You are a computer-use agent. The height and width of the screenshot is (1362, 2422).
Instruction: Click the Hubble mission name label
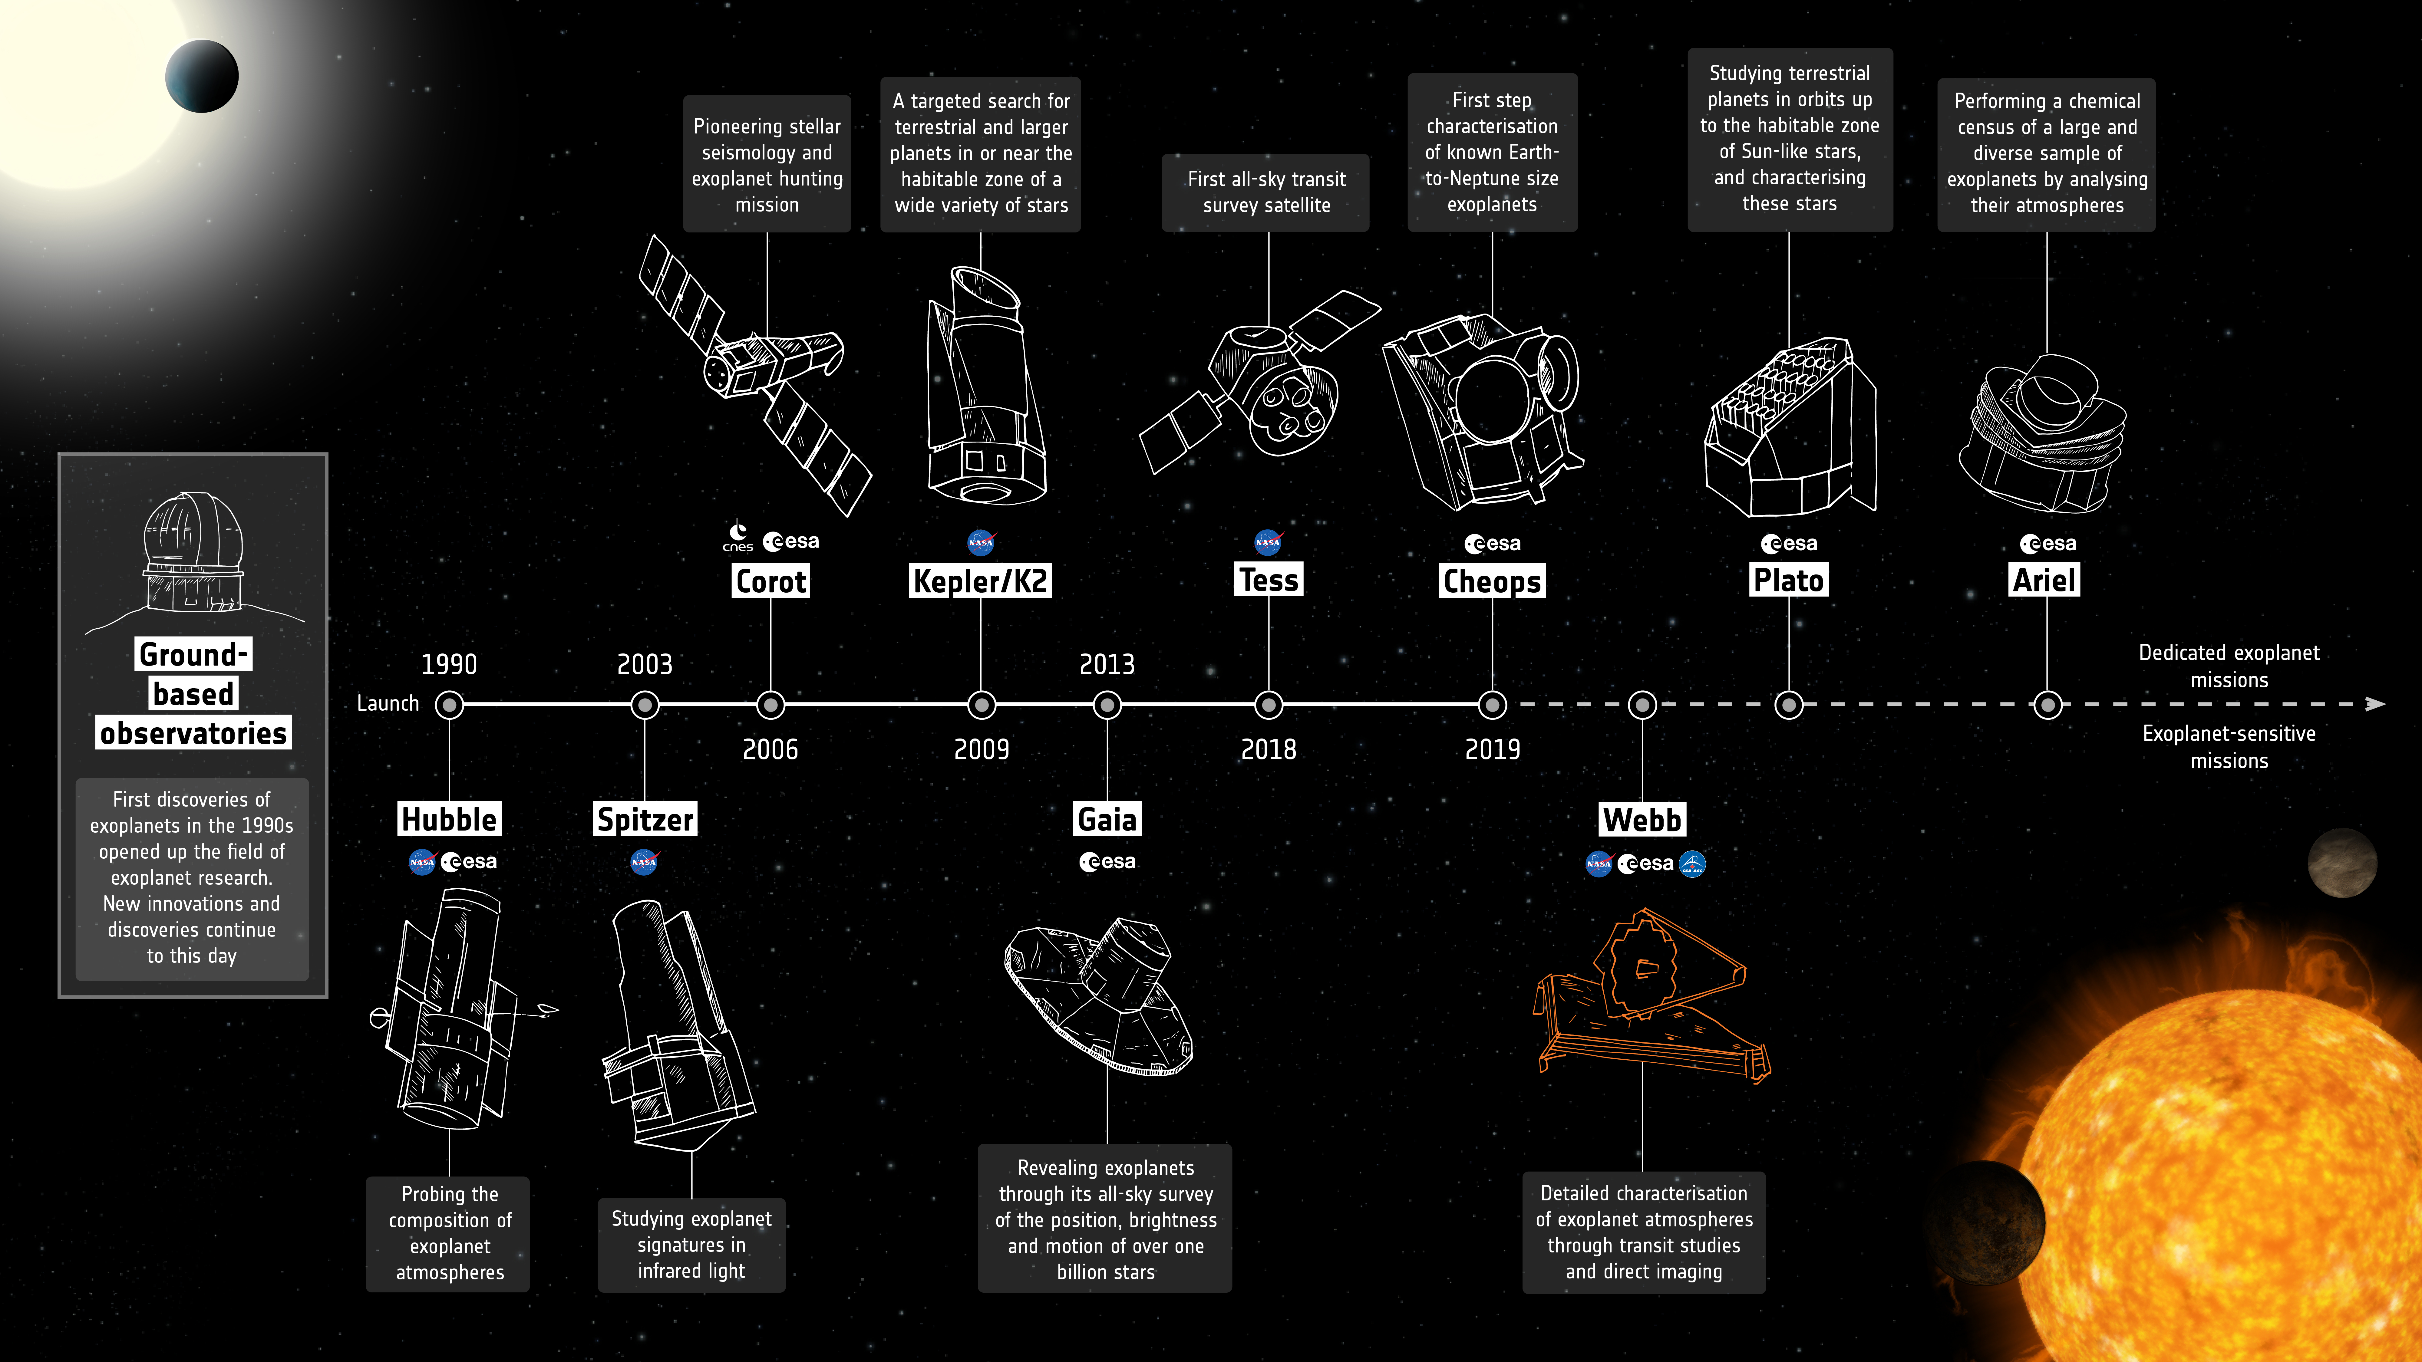pos(449,819)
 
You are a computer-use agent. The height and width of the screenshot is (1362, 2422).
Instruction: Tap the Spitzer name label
pos(645,819)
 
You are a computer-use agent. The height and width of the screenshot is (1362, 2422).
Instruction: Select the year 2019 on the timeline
pos(1492,749)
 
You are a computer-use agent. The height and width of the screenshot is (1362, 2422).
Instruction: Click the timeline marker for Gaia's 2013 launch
pos(1107,704)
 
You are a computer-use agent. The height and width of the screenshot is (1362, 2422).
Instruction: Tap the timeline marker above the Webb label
pos(1642,704)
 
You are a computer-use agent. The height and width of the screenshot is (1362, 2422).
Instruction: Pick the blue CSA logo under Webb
pos(1691,863)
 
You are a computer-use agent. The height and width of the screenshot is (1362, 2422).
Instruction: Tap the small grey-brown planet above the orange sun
pos(2342,862)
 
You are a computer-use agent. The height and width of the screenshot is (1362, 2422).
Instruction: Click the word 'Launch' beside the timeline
pos(388,703)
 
